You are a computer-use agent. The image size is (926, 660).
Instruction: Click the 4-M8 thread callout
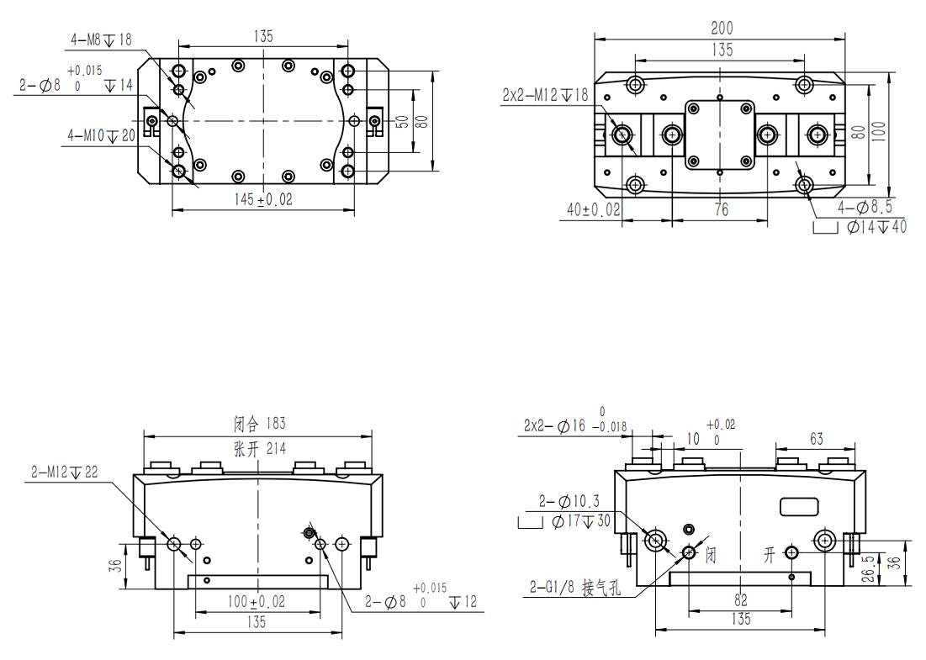[101, 40]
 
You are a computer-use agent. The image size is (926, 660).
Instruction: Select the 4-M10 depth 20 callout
[102, 135]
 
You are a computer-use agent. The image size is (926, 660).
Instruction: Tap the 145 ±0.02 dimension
[262, 199]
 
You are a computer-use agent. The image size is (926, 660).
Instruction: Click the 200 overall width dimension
[722, 28]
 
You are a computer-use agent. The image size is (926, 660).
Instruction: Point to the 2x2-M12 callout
[545, 94]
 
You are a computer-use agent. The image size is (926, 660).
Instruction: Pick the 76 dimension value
[721, 209]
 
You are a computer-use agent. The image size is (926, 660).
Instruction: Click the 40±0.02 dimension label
[594, 209]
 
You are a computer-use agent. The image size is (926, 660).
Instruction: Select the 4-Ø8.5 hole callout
[865, 207]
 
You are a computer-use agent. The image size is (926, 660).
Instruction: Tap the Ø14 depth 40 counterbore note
[876, 227]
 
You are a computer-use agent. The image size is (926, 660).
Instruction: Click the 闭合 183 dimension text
[259, 423]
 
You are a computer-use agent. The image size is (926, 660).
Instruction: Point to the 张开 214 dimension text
[259, 449]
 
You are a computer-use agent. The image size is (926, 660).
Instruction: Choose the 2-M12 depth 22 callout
[65, 473]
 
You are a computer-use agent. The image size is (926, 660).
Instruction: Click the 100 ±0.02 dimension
[257, 601]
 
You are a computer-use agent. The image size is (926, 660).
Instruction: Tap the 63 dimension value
[816, 439]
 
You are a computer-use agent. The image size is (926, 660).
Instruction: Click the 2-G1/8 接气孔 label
[575, 588]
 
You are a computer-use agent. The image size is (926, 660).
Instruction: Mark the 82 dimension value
[741, 600]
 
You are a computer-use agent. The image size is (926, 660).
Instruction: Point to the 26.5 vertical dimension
[868, 568]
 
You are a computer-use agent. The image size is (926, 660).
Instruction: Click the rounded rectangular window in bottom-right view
[799, 507]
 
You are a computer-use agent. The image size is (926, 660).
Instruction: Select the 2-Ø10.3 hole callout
[569, 502]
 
